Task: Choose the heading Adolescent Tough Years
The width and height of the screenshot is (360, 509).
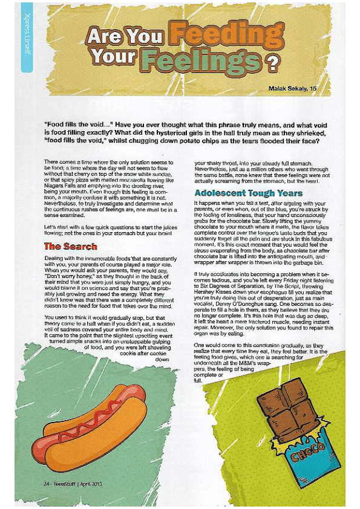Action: click(x=248, y=193)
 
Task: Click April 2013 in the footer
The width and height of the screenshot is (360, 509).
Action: click(x=91, y=483)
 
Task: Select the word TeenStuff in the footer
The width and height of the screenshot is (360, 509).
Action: click(x=63, y=483)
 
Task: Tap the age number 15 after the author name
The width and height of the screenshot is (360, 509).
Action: click(x=313, y=89)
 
